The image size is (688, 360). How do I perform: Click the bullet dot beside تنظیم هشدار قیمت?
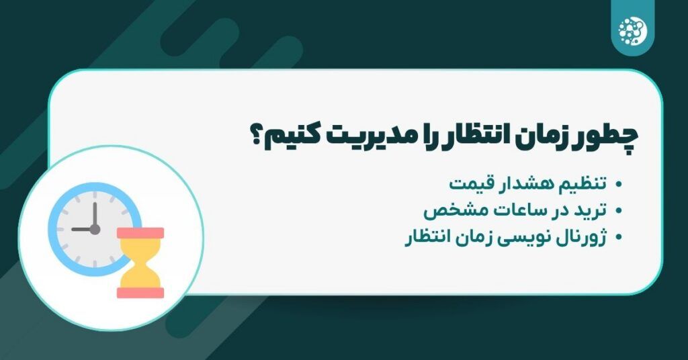[619, 184]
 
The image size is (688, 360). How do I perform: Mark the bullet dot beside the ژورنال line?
[619, 238]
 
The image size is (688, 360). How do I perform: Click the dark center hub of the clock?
[95, 229]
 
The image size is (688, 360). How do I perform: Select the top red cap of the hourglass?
[140, 233]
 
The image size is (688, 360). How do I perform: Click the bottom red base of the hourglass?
[140, 292]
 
